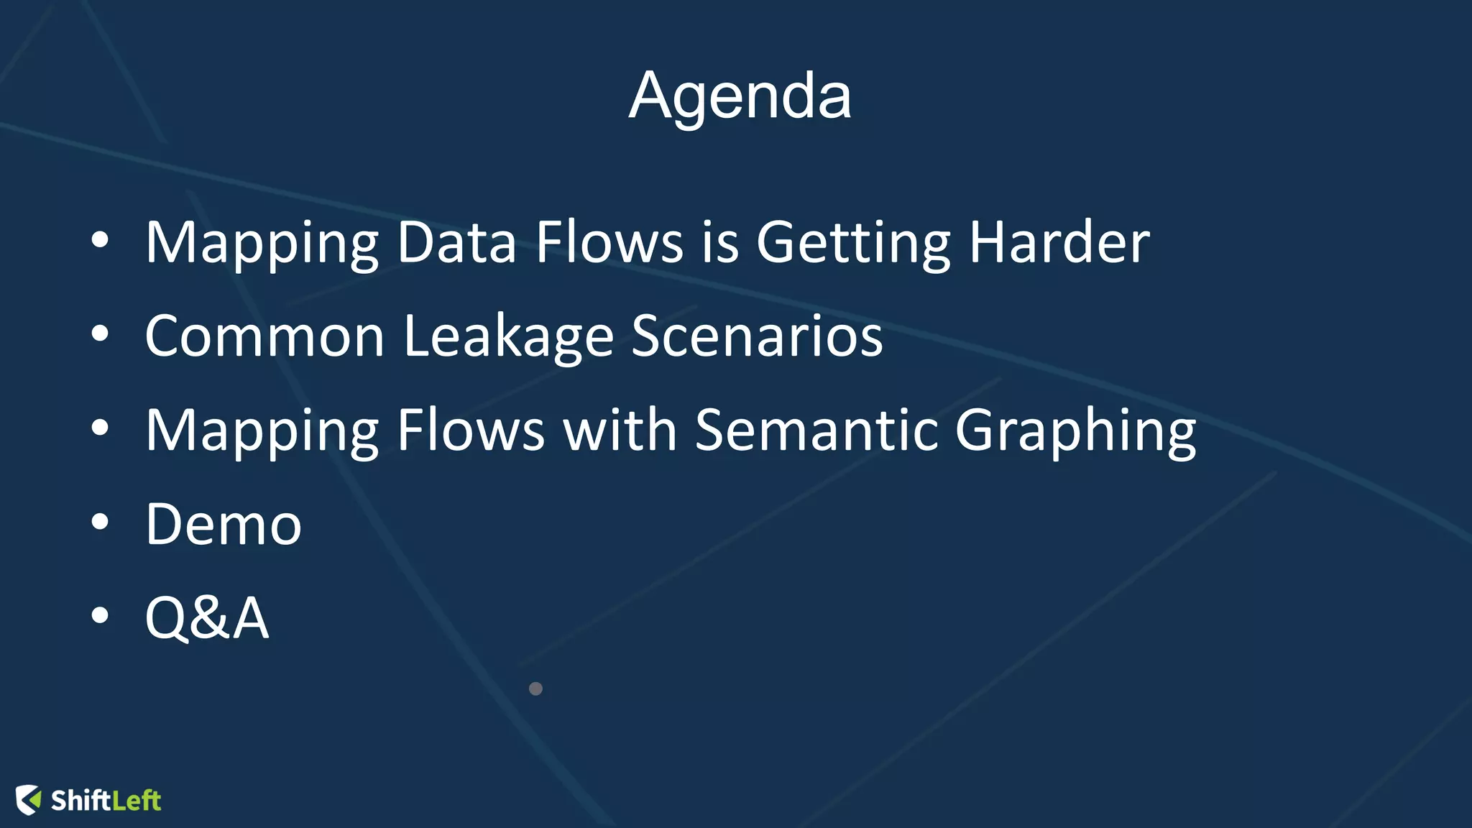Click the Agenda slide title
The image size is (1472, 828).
click(x=740, y=96)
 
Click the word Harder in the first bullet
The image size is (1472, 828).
click(x=1059, y=242)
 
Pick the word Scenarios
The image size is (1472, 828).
click(x=757, y=336)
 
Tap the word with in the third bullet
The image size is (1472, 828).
click(x=620, y=430)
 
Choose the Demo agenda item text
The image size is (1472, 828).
click(x=224, y=524)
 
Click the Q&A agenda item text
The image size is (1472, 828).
click(x=207, y=617)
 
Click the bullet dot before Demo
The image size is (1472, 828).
click(x=100, y=523)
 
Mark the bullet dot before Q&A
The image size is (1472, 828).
click(x=100, y=616)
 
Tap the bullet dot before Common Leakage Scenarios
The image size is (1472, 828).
click(x=100, y=334)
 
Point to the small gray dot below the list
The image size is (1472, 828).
click(x=535, y=689)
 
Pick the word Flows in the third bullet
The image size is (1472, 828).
click(x=470, y=430)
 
